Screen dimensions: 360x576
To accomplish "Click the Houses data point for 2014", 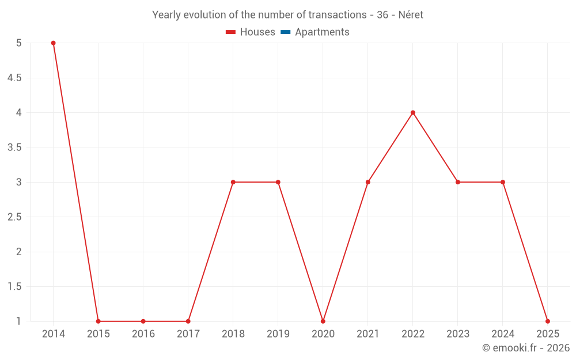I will point(53,43).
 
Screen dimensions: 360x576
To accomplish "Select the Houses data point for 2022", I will point(413,112).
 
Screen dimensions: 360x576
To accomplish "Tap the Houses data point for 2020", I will point(323,321).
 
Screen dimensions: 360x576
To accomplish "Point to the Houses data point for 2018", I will point(233,182).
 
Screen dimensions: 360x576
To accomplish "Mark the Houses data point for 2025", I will point(548,321).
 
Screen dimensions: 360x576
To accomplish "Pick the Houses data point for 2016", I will point(143,321).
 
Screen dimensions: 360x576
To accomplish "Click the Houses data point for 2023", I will point(458,182).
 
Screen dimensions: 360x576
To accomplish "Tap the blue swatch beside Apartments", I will point(285,32).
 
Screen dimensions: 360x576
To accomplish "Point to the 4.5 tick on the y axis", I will point(14,78).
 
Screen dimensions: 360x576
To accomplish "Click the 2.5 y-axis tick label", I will point(14,217).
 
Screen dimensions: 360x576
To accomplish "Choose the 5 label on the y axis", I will point(19,43).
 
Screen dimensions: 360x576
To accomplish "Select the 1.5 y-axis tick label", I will point(14,286).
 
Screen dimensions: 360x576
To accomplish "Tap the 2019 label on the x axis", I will point(278,334).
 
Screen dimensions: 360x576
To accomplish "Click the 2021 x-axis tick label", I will point(368,334).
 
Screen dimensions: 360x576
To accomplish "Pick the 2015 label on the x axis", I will point(98,334).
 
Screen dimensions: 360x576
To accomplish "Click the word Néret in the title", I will point(411,15).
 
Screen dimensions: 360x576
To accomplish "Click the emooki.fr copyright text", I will point(526,348).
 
